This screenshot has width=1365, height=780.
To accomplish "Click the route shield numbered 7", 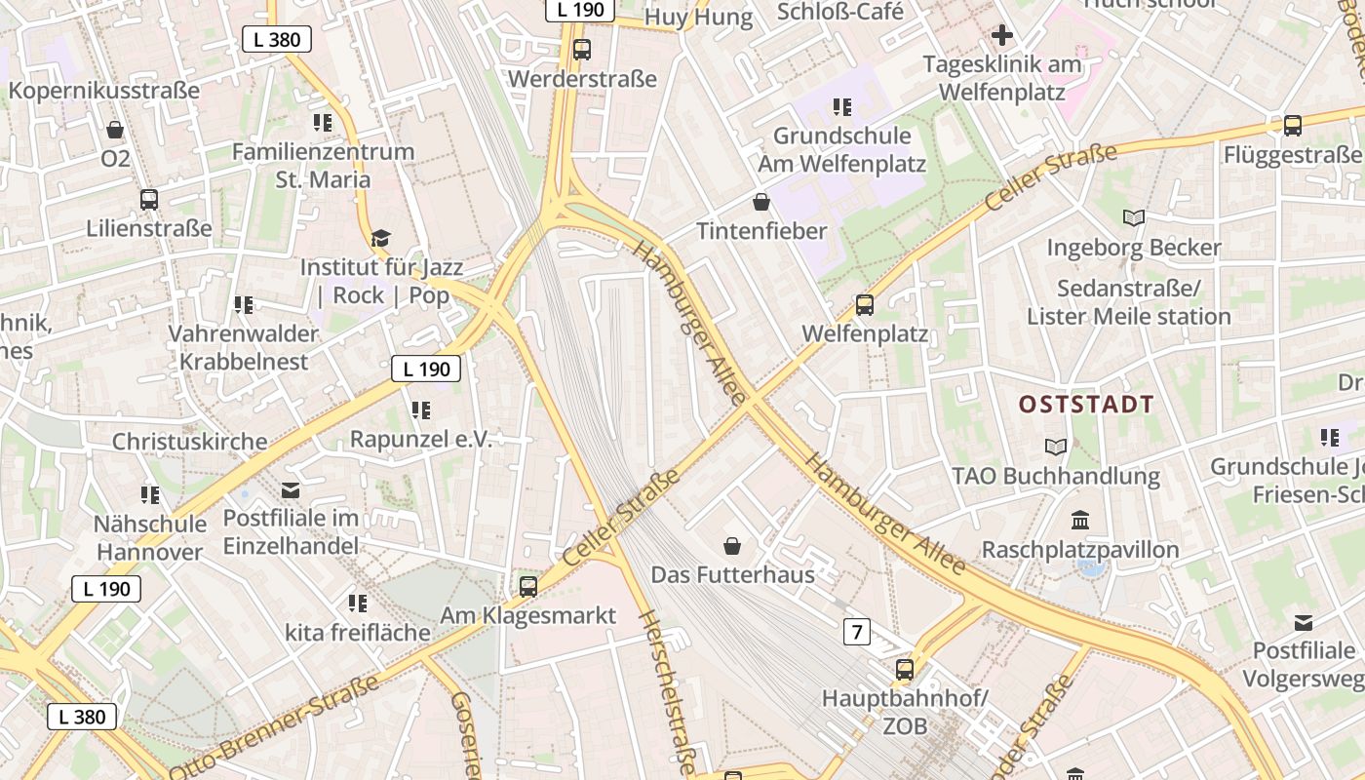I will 856,632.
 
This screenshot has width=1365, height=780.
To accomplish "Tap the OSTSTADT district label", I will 1086,405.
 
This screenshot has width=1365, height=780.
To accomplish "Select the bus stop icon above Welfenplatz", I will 864,305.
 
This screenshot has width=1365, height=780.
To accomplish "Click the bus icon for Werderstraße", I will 582,49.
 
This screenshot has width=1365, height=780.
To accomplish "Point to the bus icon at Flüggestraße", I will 1292,125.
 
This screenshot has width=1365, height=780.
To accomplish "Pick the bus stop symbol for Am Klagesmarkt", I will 528,586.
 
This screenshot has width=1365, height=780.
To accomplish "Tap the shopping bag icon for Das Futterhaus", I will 732,546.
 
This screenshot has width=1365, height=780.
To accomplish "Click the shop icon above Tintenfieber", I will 761,202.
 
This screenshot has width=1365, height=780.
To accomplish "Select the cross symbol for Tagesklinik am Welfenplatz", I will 1001,36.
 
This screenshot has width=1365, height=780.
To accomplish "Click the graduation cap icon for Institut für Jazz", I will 380,238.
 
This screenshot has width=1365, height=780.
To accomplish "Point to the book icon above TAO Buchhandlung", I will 1055,447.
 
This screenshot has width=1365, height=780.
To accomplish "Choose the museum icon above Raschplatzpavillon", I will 1079,520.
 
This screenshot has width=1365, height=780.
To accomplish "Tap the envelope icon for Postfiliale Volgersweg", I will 1303,622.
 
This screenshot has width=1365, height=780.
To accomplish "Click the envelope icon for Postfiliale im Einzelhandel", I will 291,489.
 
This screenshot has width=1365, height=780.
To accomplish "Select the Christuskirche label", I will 189,442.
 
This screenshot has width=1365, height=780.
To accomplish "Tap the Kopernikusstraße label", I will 104,91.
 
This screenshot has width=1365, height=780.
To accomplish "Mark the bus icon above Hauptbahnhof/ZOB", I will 905,670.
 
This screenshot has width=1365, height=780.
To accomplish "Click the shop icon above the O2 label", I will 115,129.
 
